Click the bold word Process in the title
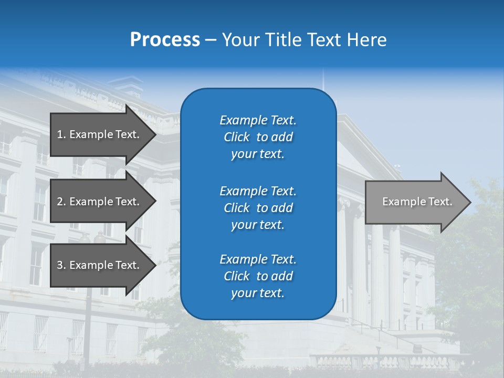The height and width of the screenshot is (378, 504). pos(165,40)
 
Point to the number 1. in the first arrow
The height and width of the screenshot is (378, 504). pos(61,134)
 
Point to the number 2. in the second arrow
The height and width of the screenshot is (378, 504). pos(61,202)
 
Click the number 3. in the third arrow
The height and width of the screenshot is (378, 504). pos(61,265)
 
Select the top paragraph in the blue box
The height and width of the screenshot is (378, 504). pos(258,137)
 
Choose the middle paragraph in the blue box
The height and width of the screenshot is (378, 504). pos(258,208)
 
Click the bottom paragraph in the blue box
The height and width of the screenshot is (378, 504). pos(258,276)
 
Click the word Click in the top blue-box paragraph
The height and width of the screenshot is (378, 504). pos(237,137)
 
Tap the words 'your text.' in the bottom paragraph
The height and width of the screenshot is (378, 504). pos(258,293)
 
